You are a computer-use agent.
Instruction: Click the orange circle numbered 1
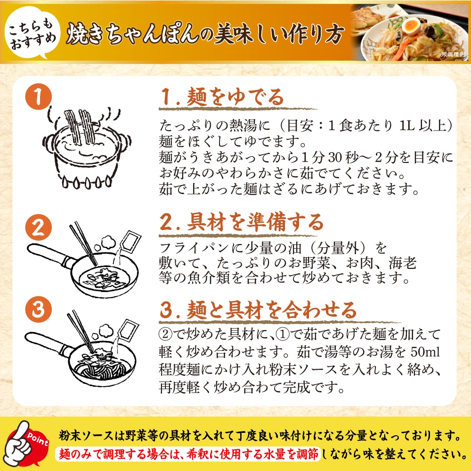tap(38, 97)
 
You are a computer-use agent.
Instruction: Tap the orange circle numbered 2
tap(38, 227)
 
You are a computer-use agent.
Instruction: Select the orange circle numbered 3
tap(38, 309)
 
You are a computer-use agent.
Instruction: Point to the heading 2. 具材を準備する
tap(242, 222)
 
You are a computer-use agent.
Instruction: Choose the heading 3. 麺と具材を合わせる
tap(258, 310)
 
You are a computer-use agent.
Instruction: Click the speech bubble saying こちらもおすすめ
tap(32, 32)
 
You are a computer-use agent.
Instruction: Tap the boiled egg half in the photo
tap(411, 25)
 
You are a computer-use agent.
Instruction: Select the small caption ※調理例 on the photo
tap(453, 54)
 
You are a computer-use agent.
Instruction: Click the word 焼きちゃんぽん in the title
tap(132, 33)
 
